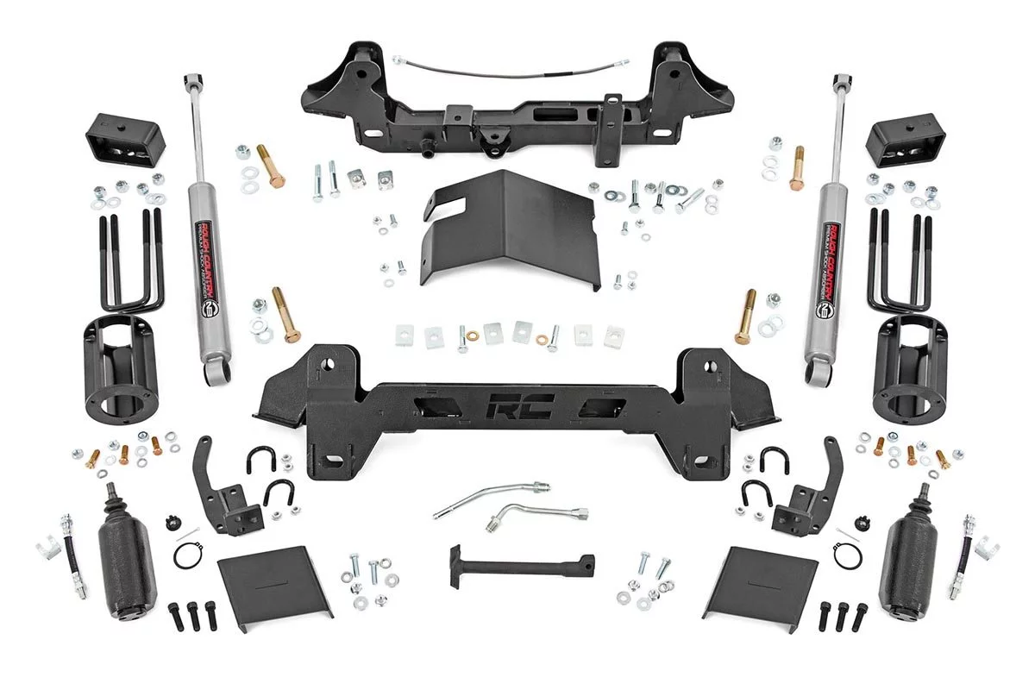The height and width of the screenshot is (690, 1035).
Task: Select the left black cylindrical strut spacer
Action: [122, 366]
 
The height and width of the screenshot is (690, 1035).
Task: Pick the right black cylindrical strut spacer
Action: [910, 366]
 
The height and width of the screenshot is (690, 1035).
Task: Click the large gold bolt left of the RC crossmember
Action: [286, 314]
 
